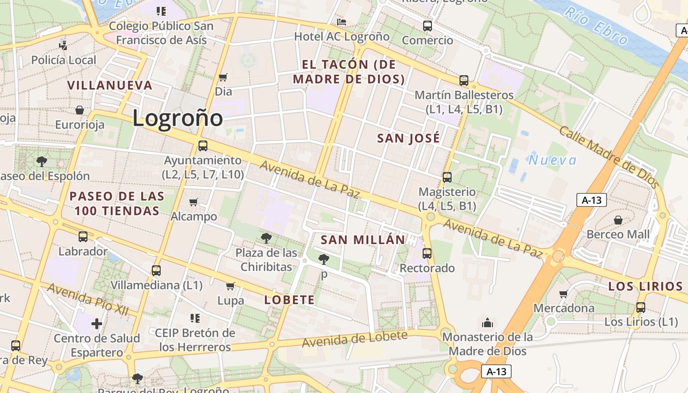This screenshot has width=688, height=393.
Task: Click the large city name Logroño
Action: [x=177, y=118]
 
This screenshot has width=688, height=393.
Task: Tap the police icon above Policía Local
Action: [x=63, y=45]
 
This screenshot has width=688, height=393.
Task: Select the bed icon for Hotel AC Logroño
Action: [x=342, y=22]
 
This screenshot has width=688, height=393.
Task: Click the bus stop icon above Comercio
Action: [x=428, y=26]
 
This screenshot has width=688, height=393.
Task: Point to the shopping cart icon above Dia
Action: [x=223, y=77]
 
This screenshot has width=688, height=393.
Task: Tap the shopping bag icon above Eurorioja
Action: [x=80, y=110]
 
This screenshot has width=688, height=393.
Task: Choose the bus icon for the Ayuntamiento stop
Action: [x=202, y=146]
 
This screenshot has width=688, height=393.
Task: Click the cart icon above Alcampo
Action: [x=194, y=202]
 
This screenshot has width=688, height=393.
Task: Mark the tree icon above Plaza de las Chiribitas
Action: [x=266, y=239]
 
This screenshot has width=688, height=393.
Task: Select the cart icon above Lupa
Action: [x=230, y=286]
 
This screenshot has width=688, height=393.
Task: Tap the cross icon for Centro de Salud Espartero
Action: [x=97, y=324]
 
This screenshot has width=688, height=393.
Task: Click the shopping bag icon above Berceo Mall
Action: [x=618, y=220]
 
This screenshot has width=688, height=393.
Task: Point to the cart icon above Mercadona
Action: [x=564, y=294]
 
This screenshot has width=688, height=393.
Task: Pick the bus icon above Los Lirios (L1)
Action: [x=641, y=308]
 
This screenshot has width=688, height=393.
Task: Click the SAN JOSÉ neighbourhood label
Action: [x=408, y=139]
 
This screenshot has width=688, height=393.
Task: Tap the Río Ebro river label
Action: [x=596, y=26]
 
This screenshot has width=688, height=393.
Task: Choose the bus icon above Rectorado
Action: [x=427, y=253]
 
